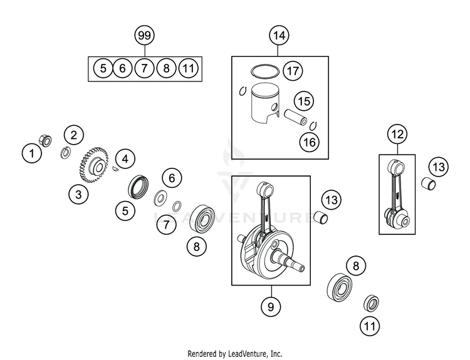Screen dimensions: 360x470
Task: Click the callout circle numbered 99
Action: tap(144, 36)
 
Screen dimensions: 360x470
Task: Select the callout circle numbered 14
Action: tap(279, 36)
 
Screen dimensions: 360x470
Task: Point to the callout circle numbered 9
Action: tap(272, 307)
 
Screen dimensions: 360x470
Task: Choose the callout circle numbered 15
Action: tap(304, 100)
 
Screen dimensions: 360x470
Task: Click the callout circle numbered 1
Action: tap(30, 151)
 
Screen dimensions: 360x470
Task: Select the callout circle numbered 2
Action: tap(74, 134)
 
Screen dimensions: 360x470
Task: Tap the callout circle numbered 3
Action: tap(78, 195)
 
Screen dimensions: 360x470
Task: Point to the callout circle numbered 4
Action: tap(125, 159)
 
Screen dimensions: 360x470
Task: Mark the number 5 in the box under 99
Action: tap(102, 68)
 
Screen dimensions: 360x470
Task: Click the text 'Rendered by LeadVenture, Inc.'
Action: tap(235, 353)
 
